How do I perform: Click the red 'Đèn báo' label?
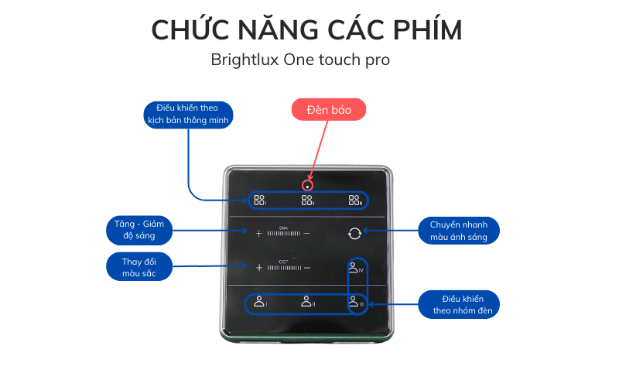pos(328,110)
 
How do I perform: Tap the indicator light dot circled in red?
pos(307,186)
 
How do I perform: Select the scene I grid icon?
pos(259,200)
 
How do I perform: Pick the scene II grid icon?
pos(307,200)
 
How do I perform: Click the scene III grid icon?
pos(354,200)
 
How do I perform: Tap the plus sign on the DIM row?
pos(259,232)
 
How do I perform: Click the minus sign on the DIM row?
pos(306,232)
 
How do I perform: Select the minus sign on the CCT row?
pos(306,268)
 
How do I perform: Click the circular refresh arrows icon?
pos(354,232)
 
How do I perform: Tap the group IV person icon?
pos(354,268)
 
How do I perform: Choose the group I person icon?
pos(260,302)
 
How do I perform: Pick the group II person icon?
pos(307,302)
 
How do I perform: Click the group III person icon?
pos(354,302)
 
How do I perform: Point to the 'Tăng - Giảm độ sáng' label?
pos(139,230)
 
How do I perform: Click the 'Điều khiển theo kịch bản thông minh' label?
pos(189,114)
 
